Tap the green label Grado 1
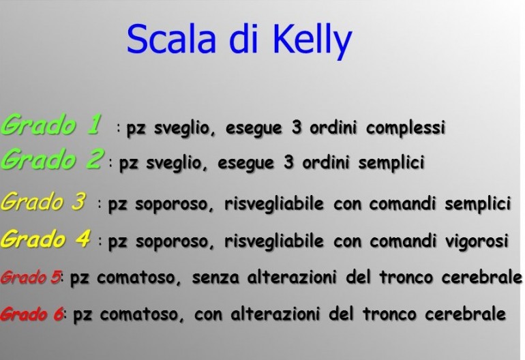[52, 125]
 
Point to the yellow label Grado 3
[44, 202]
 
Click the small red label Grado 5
[31, 277]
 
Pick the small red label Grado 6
[31, 314]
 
